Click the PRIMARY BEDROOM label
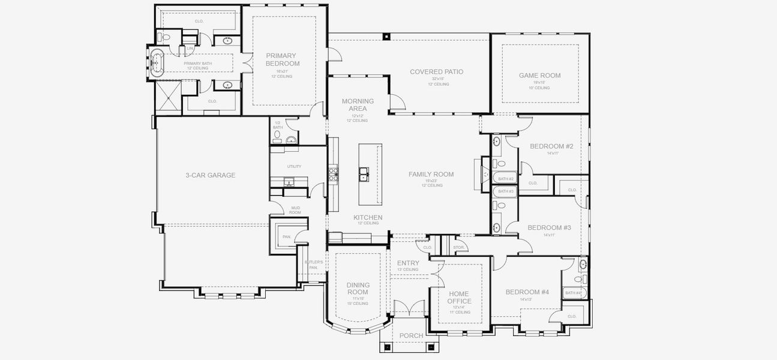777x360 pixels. [282, 59]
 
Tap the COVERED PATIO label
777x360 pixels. [436, 72]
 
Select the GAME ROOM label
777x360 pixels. [539, 76]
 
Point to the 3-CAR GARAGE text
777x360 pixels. [209, 176]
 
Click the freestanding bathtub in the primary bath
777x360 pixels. [158, 62]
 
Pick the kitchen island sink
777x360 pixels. [364, 175]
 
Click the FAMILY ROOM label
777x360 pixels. [431, 175]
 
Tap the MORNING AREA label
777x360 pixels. [358, 105]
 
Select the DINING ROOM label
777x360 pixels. [358, 289]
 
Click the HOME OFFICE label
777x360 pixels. [460, 298]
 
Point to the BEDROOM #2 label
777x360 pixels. [552, 146]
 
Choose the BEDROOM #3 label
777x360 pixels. [549, 228]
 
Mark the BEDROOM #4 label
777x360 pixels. [527, 292]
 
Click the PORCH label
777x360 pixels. [411, 335]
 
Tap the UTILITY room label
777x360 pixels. [294, 167]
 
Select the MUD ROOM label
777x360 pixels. [295, 210]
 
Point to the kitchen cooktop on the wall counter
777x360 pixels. [333, 173]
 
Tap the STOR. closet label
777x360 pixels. [459, 247]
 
